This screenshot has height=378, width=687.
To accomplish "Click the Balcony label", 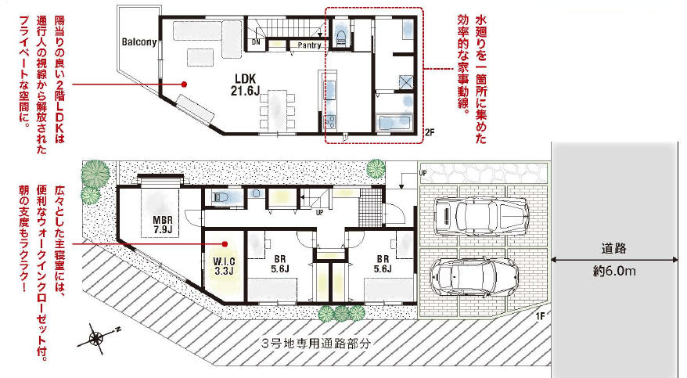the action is click(139, 42).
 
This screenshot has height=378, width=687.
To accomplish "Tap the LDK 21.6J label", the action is click(246, 85).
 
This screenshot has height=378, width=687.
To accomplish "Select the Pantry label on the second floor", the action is click(309, 45).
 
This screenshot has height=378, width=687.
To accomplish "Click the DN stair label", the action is click(257, 42).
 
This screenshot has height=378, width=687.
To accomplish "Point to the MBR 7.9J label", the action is click(163, 225).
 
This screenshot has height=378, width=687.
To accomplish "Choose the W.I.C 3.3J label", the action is click(224, 266).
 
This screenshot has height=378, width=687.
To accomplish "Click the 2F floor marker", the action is click(430, 131).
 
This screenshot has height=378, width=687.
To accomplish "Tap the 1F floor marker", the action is click(540, 316).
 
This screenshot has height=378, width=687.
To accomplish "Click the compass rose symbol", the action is click(96, 338).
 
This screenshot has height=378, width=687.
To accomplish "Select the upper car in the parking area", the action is click(480, 215).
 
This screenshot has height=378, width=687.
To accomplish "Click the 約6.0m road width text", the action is click(614, 271).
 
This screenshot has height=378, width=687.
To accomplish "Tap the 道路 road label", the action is click(613, 249).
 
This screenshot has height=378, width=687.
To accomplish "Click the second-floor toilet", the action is click(341, 34).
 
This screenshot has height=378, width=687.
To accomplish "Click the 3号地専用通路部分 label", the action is click(315, 344).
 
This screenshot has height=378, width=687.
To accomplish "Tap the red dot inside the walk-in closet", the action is click(225, 243).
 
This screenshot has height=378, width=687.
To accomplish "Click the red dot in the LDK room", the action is click(185, 84).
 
